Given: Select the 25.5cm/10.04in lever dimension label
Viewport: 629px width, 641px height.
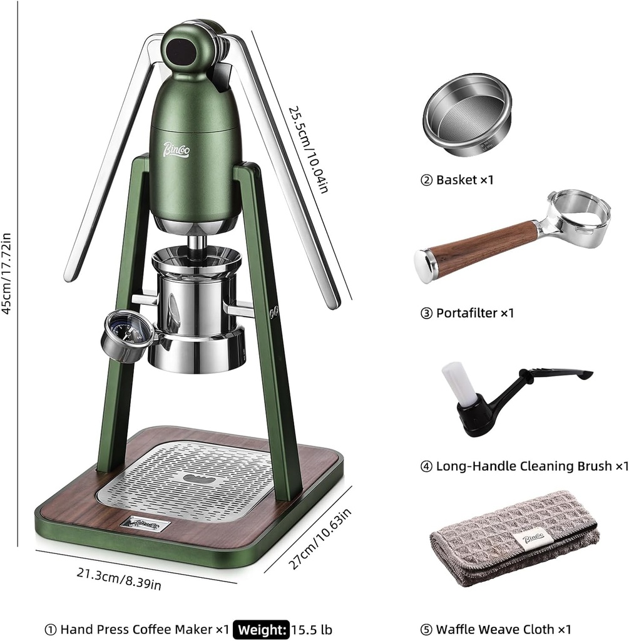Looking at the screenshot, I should pos(307,148).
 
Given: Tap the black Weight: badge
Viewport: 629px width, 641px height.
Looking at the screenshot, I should pos(262,628).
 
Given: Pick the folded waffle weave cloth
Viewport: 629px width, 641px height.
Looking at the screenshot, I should pos(513,538).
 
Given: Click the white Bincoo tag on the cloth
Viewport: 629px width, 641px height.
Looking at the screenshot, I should pos(528,540).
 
